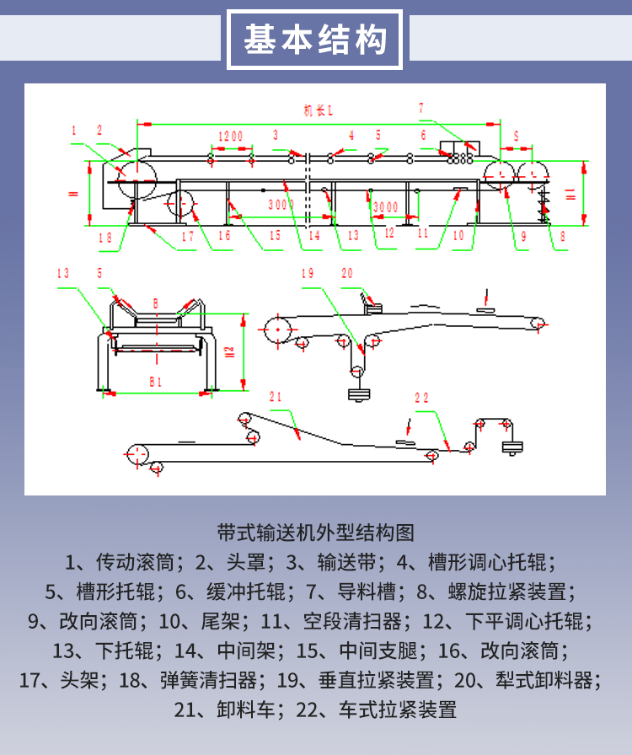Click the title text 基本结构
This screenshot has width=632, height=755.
[315, 40]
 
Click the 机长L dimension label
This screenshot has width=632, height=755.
[319, 110]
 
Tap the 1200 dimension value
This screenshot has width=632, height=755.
[230, 137]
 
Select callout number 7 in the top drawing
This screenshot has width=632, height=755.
[421, 107]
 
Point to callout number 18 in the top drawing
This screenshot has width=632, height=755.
[104, 238]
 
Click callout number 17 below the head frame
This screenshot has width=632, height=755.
[187, 237]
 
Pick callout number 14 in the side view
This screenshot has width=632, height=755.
[314, 236]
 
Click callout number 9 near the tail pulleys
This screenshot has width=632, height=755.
[522, 238]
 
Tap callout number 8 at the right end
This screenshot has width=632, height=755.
[563, 238]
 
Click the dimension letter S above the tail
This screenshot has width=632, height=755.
[516, 135]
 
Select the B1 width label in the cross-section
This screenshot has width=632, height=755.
[155, 382]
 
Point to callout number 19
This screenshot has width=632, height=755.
[308, 273]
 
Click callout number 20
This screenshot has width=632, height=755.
[347, 273]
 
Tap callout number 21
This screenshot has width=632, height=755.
[276, 396]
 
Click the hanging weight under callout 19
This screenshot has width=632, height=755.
[358, 394]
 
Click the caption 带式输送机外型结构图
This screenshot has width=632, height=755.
[316, 533]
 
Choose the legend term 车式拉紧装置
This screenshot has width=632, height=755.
[398, 709]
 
